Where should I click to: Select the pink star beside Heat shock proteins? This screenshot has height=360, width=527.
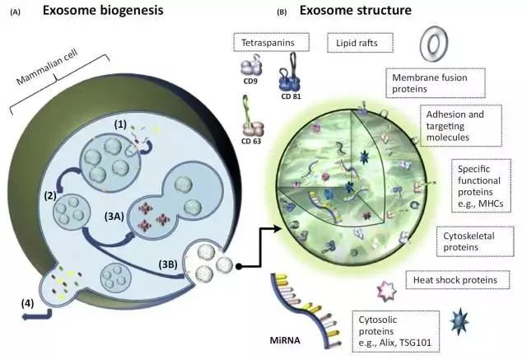point(385,289)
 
